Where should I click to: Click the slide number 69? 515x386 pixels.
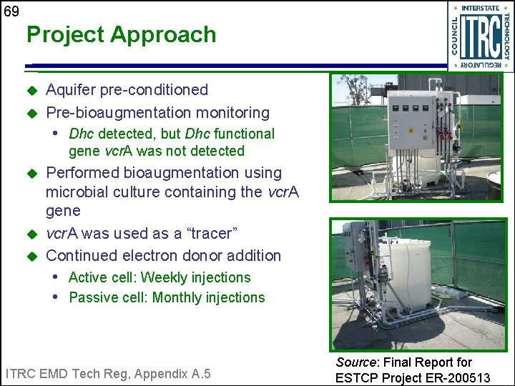[11, 11]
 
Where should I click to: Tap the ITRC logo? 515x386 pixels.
[480, 36]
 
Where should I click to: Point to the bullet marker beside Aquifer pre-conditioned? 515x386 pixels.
[31, 91]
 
